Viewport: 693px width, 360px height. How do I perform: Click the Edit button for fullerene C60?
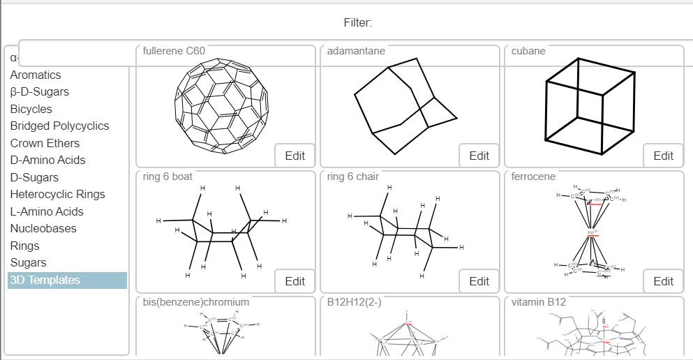(x=295, y=156)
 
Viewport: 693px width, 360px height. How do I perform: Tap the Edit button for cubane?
(x=663, y=156)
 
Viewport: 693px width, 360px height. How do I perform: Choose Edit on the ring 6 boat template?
(x=295, y=281)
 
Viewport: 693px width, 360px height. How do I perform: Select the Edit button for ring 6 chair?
(x=479, y=281)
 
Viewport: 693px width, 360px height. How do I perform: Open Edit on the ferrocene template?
(x=663, y=281)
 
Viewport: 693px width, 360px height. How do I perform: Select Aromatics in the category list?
(x=36, y=75)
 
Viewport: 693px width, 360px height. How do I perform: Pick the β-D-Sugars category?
(x=40, y=92)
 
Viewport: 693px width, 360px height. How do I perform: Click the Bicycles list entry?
(x=31, y=109)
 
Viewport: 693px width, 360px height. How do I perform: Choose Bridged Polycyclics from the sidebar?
(x=60, y=126)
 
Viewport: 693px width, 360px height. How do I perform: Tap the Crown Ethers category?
(x=45, y=143)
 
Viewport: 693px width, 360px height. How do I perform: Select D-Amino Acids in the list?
(x=48, y=160)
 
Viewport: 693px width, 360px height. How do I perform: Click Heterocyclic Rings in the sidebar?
(x=58, y=195)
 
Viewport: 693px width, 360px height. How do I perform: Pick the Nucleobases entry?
(x=43, y=229)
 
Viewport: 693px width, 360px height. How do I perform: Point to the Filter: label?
(x=358, y=23)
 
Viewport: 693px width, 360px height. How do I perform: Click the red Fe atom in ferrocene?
(x=593, y=232)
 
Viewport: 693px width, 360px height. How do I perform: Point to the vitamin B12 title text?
(x=539, y=303)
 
